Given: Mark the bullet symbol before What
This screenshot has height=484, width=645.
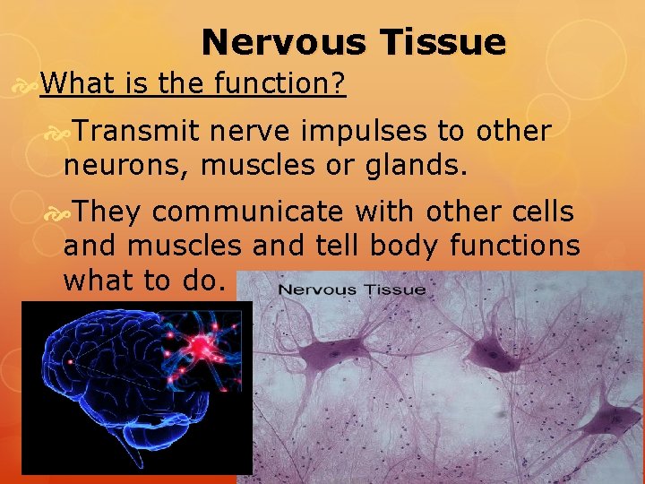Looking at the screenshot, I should click(x=29, y=85).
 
